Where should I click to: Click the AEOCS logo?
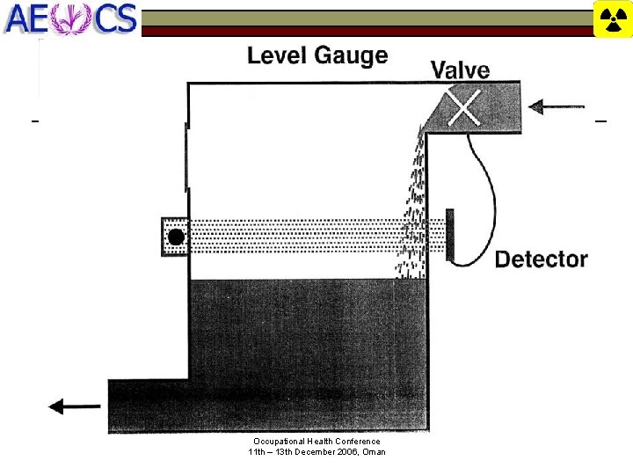tap(70, 18)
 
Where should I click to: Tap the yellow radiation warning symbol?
tap(613, 19)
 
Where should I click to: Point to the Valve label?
tap(460, 69)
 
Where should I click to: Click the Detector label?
tap(541, 259)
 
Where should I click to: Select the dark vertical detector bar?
tap(450, 235)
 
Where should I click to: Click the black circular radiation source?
tap(176, 237)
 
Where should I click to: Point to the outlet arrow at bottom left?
tap(74, 406)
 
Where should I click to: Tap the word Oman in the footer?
tap(374, 452)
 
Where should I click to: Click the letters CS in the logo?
tap(116, 18)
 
